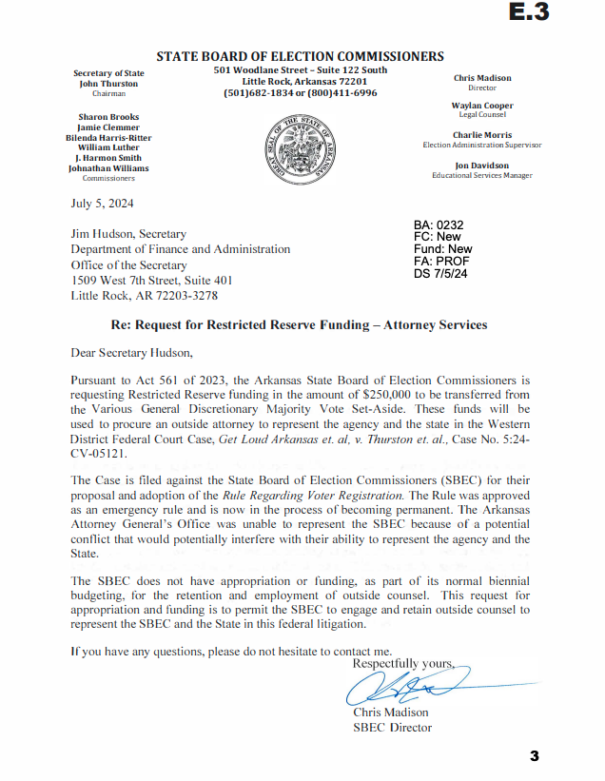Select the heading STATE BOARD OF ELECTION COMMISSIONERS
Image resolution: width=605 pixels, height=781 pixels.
point(300,57)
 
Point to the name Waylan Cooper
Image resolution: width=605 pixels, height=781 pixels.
point(482,106)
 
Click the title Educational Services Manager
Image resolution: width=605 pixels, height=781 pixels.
point(481,175)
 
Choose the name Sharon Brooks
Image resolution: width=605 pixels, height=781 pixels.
point(107,116)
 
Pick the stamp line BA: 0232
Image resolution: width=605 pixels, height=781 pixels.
point(439,225)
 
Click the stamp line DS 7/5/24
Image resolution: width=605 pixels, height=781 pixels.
point(441,273)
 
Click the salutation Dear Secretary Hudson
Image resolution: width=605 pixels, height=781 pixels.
point(131,353)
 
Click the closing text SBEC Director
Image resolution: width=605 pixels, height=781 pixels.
point(392,728)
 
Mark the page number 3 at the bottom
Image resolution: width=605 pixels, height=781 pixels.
point(535,756)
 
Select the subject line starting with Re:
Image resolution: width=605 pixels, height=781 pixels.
point(300,324)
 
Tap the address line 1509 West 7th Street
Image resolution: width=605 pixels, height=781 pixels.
point(151,281)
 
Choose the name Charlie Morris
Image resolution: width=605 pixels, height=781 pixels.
point(482,135)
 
